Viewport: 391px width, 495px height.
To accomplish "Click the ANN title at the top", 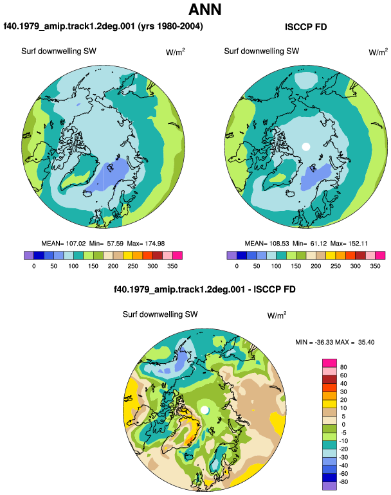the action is coord(205,10).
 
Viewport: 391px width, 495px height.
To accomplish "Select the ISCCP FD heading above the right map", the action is coord(305,27).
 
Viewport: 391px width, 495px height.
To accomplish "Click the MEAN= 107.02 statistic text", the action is coord(64,244).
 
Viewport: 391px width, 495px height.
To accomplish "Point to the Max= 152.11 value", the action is coord(349,244).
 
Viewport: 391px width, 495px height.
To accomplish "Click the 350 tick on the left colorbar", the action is coord(172,266).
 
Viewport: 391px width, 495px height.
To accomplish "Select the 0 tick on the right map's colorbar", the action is coord(237,266).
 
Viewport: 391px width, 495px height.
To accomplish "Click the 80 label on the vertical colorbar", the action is coord(343,367).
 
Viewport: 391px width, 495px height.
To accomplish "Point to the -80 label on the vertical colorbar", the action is coord(343,482).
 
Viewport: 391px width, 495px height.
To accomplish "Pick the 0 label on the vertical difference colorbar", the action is coord(343,424).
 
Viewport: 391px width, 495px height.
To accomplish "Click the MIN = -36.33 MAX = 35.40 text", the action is coord(335,342).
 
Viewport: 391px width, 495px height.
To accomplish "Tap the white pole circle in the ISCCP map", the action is coord(305,147).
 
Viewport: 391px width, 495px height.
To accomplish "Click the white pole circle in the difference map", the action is coord(205,410).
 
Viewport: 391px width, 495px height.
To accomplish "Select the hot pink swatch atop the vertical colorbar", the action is coord(330,363).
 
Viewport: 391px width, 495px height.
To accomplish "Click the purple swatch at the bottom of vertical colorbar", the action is coord(330,486).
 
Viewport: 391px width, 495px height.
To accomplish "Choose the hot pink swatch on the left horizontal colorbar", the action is coord(177,255).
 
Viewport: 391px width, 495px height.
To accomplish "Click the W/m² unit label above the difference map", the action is coord(277,316).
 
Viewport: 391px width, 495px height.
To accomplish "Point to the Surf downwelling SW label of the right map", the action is coord(262,51).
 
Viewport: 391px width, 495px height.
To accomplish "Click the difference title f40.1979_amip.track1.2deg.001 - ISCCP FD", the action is coord(205,289).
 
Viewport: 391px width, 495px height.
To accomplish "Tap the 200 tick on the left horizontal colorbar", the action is coord(113,266).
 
